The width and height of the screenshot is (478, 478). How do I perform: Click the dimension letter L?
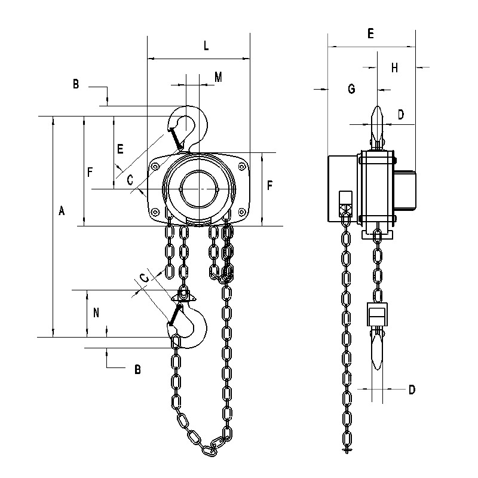click(x=206, y=46)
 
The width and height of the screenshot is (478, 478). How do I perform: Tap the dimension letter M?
click(x=218, y=77)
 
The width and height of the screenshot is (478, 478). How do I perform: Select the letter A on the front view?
click(x=62, y=210)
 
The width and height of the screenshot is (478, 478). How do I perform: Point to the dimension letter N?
click(x=96, y=312)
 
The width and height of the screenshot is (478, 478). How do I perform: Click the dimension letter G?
click(x=351, y=88)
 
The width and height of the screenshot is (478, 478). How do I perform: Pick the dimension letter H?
click(x=394, y=68)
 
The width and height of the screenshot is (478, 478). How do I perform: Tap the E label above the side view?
click(x=370, y=33)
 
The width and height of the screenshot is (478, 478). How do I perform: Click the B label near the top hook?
click(x=76, y=84)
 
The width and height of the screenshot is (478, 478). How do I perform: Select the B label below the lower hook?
click(x=137, y=369)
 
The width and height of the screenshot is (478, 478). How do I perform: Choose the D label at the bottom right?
click(x=412, y=390)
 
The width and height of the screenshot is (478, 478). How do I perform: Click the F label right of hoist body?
click(x=270, y=185)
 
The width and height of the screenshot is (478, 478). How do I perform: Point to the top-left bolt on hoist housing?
click(x=156, y=166)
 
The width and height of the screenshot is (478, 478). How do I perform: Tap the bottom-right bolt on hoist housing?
click(x=242, y=212)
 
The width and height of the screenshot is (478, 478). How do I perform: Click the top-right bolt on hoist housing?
click(x=243, y=166)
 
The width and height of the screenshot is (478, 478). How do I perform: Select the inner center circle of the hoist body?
click(x=200, y=189)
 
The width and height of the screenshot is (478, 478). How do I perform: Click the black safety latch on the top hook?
click(x=176, y=139)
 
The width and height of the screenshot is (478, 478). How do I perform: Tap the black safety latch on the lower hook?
click(x=176, y=314)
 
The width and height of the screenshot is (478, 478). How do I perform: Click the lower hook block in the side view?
click(x=378, y=314)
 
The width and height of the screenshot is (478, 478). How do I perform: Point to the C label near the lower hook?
click(x=144, y=278)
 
